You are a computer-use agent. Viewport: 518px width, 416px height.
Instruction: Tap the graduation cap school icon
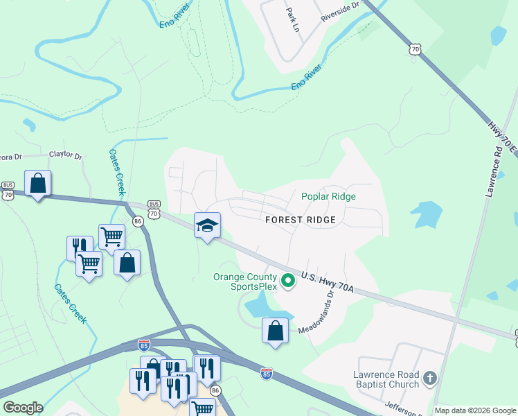[207, 225]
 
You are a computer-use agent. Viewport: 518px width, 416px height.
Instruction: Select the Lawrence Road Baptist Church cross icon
[430, 379]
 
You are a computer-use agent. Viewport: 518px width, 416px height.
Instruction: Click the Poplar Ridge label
[328, 196]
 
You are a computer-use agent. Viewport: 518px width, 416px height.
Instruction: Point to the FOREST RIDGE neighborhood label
[301, 220]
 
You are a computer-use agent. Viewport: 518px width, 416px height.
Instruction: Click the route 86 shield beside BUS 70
[138, 221]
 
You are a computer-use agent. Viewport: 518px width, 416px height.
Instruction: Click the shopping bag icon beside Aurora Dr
[38, 184]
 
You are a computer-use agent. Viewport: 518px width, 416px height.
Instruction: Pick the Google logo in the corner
[23, 408]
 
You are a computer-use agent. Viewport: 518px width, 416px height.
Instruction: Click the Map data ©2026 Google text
[475, 410]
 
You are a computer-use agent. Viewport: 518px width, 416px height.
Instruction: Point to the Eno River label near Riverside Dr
[307, 78]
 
